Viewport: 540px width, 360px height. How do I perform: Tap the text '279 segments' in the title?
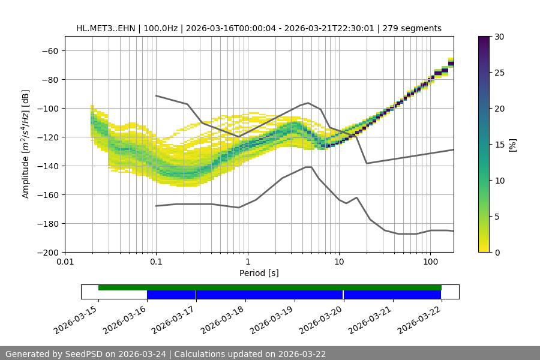413,29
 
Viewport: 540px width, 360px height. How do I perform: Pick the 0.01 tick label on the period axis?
65,262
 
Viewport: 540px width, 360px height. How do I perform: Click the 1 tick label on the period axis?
247,262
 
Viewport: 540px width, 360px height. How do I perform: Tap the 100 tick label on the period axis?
430,262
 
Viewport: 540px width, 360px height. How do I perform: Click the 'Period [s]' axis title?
259,274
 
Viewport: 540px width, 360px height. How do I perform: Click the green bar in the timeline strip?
270,287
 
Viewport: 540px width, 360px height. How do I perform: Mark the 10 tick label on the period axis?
338,262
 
